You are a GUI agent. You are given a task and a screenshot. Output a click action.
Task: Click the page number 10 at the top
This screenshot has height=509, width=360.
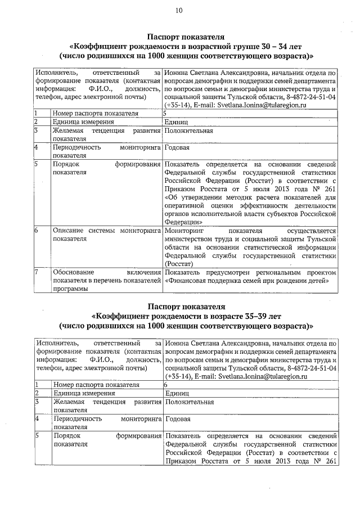tap(179, 10)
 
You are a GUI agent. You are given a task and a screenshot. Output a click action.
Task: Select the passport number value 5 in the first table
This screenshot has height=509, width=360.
tap(165, 113)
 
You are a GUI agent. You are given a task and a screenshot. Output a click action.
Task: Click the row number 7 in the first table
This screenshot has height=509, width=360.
tap(36, 272)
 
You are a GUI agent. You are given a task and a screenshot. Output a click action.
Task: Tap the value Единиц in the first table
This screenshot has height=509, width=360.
tap(177, 121)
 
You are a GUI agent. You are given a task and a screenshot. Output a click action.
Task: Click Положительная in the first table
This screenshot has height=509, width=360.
tap(189, 130)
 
